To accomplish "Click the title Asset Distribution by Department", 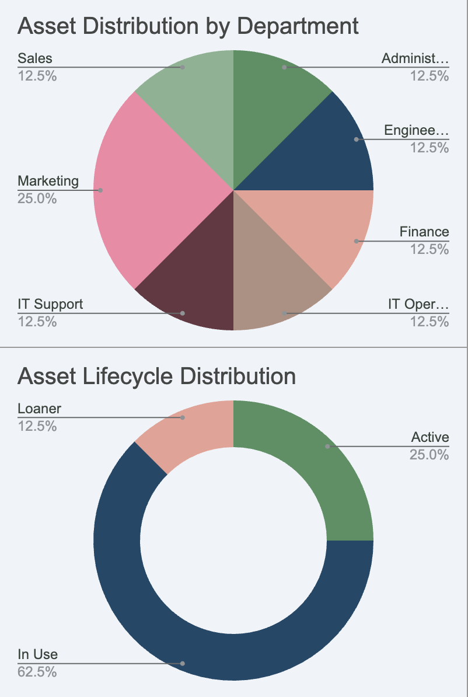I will tap(188, 26).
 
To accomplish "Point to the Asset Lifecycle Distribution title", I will tap(156, 376).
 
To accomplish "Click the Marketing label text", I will tap(48, 181).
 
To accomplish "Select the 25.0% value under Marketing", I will tap(37, 198).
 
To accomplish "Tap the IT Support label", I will tap(50, 304).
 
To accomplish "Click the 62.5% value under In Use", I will tap(37, 672).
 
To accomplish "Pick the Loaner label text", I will tap(39, 409).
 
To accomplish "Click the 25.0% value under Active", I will tap(429, 454).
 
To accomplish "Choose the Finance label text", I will tap(424, 232).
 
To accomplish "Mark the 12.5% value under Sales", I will tap(37, 75).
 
